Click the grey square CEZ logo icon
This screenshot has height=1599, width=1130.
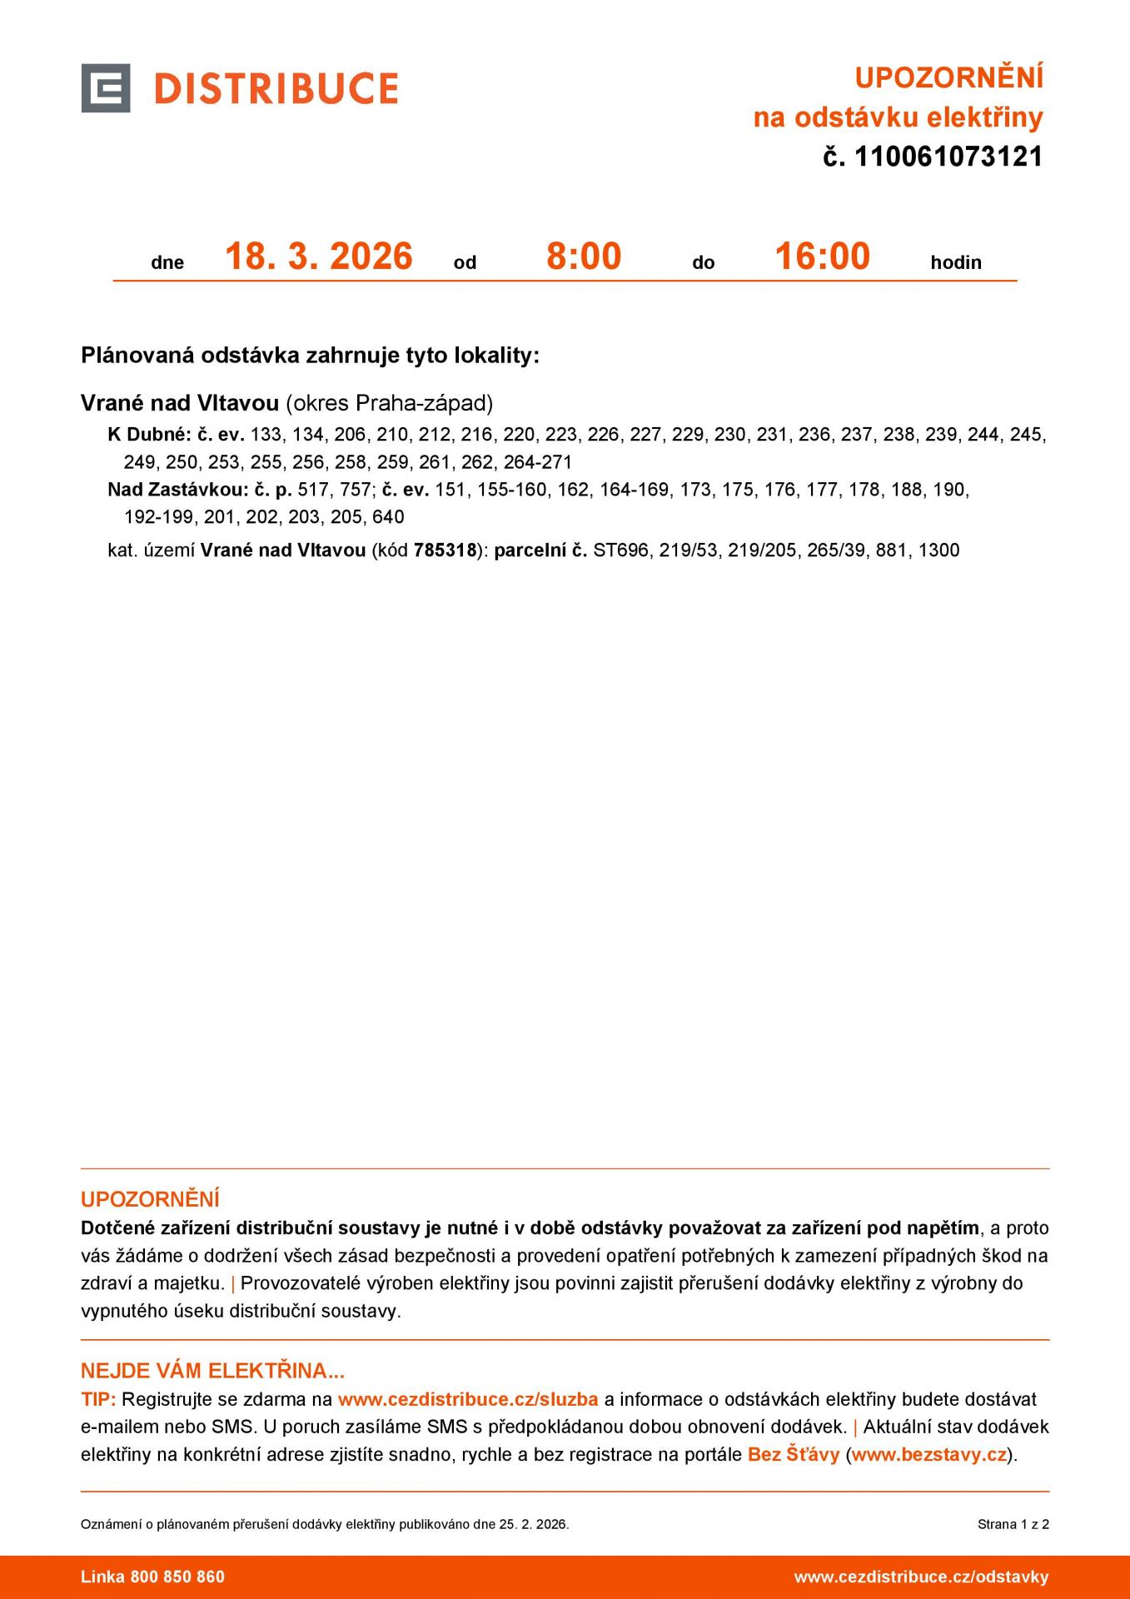pyautogui.click(x=106, y=87)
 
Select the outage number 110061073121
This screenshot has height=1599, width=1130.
pyautogui.click(x=948, y=157)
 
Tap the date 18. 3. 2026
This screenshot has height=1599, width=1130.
pyautogui.click(x=319, y=256)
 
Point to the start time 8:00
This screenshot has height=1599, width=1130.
pyautogui.click(x=584, y=256)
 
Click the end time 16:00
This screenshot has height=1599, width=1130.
pyautogui.click(x=822, y=256)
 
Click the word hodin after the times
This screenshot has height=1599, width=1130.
pyautogui.click(x=956, y=262)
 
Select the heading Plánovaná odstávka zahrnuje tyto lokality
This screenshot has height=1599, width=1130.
pyautogui.click(x=310, y=356)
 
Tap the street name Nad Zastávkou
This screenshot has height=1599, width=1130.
pyautogui.click(x=177, y=490)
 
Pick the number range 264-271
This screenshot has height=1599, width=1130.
pyautogui.click(x=538, y=462)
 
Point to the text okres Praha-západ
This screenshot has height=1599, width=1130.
pyautogui.click(x=390, y=404)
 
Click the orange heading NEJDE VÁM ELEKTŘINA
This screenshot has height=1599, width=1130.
pyautogui.click(x=212, y=1371)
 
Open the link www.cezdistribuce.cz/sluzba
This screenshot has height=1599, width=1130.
pyautogui.click(x=468, y=1399)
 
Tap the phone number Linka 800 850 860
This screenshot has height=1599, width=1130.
pyautogui.click(x=152, y=1577)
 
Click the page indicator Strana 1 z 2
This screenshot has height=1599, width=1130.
pyautogui.click(x=1013, y=1524)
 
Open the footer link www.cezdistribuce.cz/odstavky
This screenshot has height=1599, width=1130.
pyautogui.click(x=921, y=1577)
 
